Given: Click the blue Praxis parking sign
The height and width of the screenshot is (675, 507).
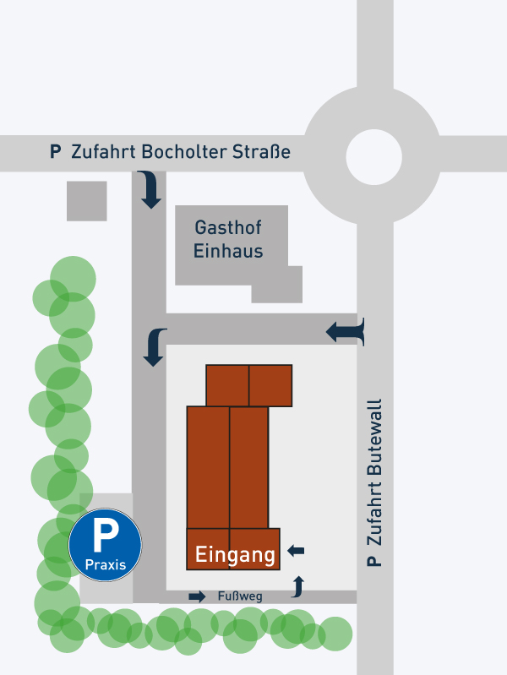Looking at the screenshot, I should click(105, 544).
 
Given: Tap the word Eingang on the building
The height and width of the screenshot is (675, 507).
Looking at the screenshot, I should click(235, 555).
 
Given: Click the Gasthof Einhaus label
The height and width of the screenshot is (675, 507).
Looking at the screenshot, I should click(228, 239).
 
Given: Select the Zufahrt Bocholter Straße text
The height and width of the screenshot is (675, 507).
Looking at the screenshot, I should click(181, 152).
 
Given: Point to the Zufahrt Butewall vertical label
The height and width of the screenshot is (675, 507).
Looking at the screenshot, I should click(376, 482).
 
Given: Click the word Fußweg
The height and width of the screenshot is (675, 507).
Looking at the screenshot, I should click(240, 596).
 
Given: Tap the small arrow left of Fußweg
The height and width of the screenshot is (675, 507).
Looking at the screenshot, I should click(197, 596).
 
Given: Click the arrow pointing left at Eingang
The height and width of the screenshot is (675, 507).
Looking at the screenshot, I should click(296, 551).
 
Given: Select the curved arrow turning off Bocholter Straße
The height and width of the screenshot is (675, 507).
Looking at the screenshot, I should click(150, 189).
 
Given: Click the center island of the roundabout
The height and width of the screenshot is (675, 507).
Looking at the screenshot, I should click(373, 155).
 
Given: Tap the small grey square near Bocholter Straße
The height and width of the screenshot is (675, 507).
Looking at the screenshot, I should click(87, 201).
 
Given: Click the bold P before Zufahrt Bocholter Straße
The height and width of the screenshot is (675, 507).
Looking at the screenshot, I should click(56, 152).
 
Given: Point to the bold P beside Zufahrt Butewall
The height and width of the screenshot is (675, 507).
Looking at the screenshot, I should click(375, 561).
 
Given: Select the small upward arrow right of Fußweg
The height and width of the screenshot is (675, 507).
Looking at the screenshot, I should click(297, 585).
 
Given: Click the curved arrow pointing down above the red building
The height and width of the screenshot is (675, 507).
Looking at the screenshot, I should click(155, 346).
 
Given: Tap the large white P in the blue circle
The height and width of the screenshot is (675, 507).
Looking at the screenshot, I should click(105, 536).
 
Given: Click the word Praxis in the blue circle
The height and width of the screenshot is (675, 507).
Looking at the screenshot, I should click(105, 564).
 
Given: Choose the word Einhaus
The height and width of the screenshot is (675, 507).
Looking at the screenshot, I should click(228, 251).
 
